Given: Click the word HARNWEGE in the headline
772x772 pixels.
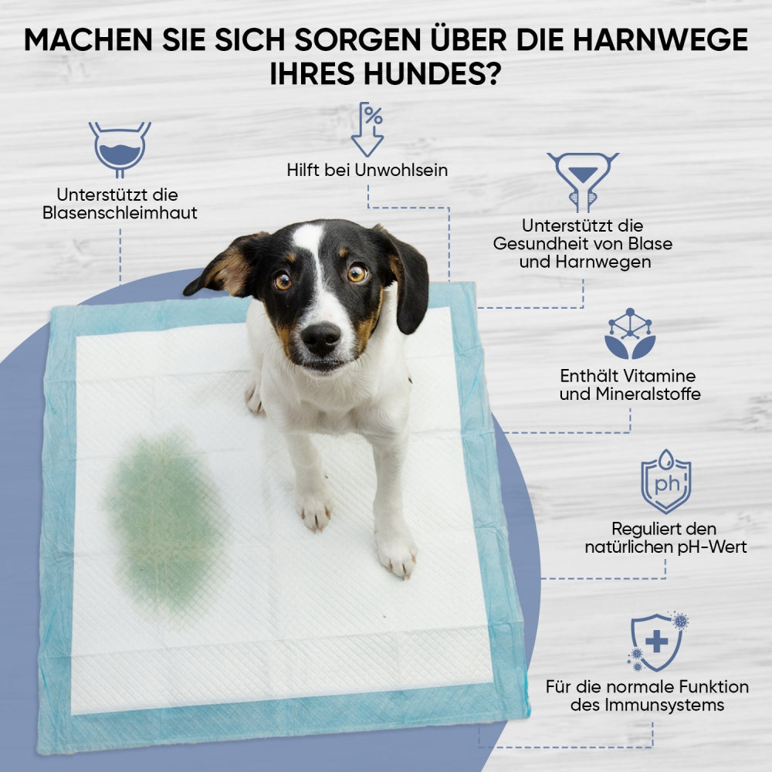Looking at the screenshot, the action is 661,40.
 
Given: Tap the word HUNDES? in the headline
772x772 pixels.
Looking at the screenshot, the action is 432,74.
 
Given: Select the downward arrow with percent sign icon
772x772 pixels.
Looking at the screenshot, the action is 367,130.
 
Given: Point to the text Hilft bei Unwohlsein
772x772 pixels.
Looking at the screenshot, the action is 367,171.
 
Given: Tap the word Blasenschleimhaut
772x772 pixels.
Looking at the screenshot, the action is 120,213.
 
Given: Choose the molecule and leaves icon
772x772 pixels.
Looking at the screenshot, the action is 630,334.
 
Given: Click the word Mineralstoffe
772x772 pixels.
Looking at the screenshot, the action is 648,394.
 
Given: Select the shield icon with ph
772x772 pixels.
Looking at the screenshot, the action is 665,481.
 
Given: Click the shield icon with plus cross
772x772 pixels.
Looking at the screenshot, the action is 658,642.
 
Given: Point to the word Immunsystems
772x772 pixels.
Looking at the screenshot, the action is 665,706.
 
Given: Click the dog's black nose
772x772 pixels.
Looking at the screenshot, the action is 321,338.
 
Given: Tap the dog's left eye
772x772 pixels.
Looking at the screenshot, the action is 283,281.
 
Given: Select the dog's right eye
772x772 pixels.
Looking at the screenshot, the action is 357,273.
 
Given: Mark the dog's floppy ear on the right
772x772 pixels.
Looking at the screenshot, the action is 408,281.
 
